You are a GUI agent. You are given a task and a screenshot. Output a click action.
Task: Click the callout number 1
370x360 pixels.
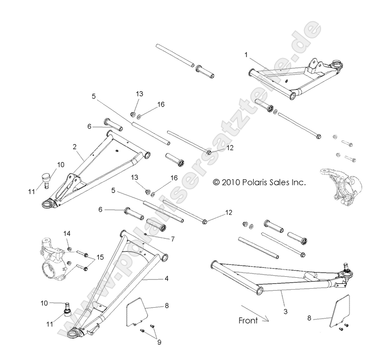[x=246, y=55]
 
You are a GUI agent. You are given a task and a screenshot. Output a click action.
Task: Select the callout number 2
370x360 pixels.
[x=75, y=146]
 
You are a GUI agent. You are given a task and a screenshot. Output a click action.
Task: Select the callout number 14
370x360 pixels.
[x=67, y=233]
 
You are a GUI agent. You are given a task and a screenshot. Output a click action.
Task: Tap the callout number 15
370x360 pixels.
[x=100, y=257]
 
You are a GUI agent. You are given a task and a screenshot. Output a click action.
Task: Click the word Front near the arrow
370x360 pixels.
[x=247, y=321]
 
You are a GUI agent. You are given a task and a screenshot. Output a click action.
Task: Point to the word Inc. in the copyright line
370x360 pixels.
[x=296, y=182]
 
